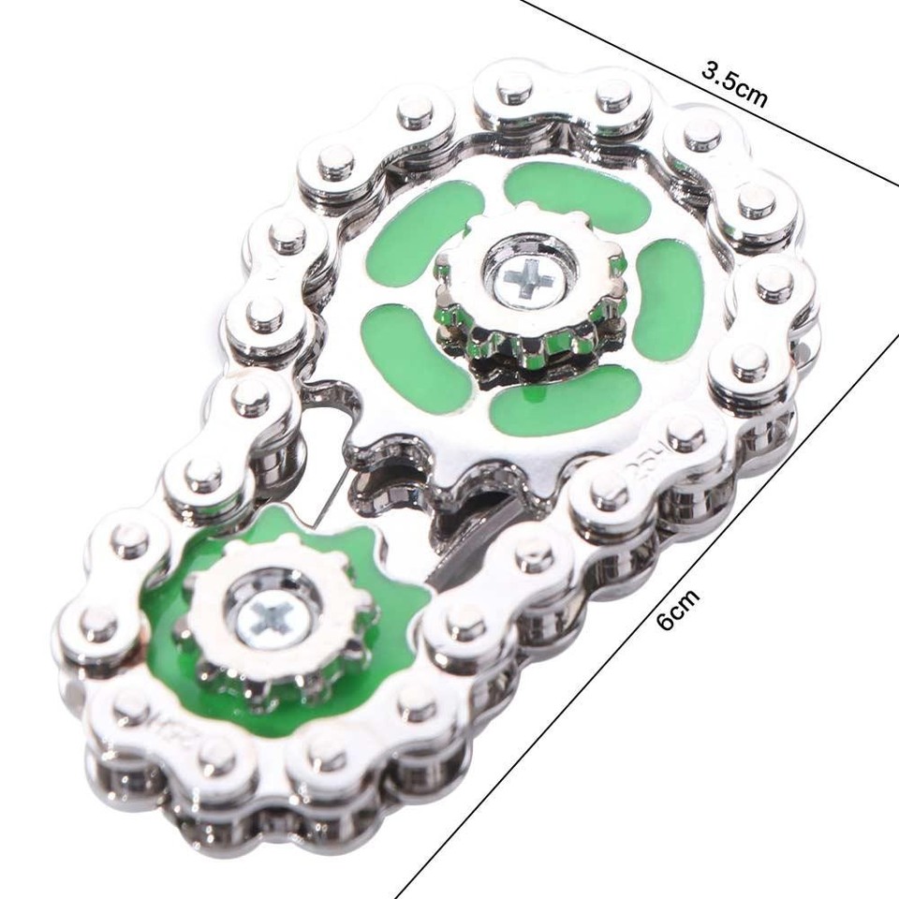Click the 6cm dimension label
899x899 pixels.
[x=677, y=609]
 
